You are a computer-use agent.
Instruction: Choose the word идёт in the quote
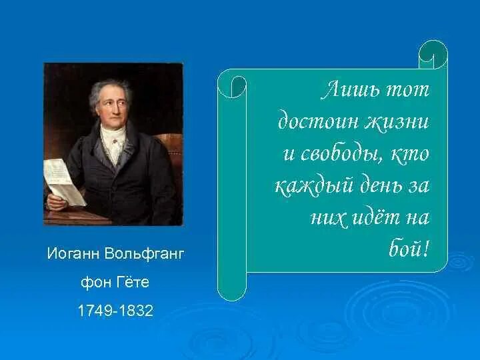pyautogui.click(x=374, y=217)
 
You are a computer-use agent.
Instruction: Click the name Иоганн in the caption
pyautogui.click(x=72, y=253)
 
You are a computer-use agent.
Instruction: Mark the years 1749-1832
pyautogui.click(x=115, y=311)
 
